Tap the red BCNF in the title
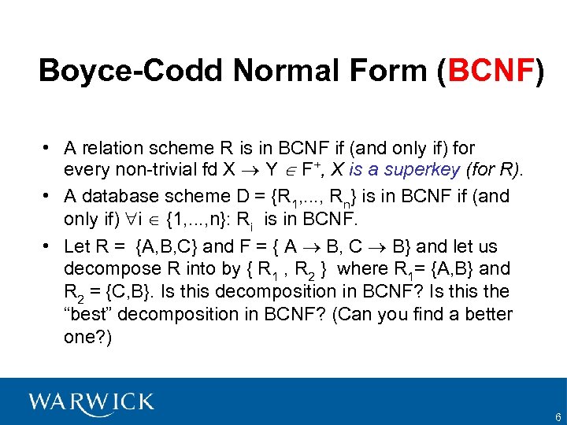490,71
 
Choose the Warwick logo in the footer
91,403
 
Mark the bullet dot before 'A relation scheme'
48,148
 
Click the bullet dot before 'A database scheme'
48,196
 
